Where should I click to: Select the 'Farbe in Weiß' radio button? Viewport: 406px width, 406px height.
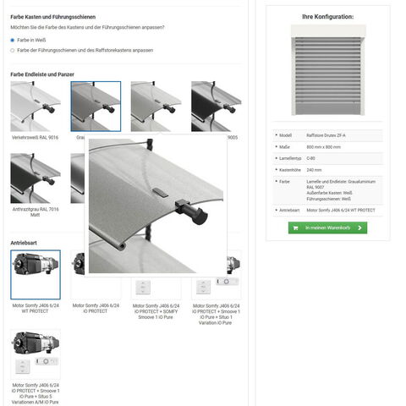click(13, 40)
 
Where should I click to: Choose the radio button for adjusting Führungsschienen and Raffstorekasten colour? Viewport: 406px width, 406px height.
click(13, 50)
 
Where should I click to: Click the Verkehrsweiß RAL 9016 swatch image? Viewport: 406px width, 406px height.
click(35, 106)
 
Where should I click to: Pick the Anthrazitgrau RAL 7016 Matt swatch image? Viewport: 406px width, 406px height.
click(35, 178)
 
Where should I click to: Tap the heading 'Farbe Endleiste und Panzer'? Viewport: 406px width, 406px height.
click(42, 74)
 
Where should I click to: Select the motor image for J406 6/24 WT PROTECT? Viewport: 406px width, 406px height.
click(35, 274)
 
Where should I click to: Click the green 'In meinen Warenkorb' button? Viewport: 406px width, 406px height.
click(327, 228)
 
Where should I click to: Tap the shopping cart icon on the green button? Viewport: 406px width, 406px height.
click(295, 228)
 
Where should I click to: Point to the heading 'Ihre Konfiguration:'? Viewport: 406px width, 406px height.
click(327, 17)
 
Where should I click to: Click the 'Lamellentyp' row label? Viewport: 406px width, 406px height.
click(292, 158)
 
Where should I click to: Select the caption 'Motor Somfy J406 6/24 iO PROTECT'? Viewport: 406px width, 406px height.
click(96, 308)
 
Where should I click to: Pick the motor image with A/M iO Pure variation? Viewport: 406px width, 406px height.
click(35, 354)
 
